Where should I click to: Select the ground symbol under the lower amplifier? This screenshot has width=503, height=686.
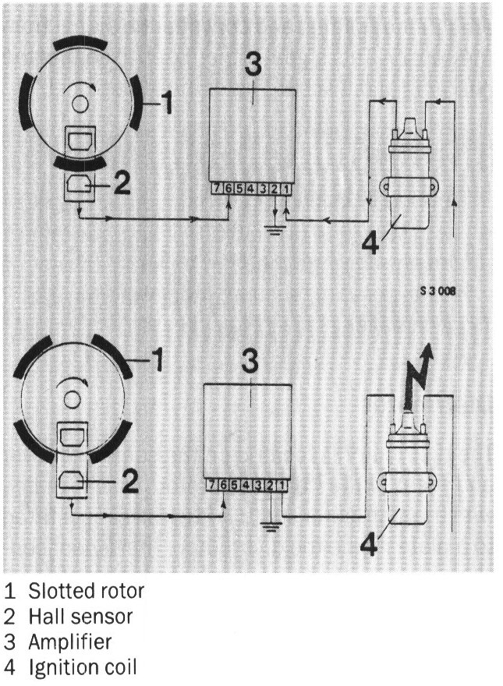[269, 525]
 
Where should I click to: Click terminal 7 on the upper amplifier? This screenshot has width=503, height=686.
[218, 189]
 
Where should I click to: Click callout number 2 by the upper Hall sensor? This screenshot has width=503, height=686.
[121, 182]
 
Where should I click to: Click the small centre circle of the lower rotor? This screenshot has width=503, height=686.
[72, 398]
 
